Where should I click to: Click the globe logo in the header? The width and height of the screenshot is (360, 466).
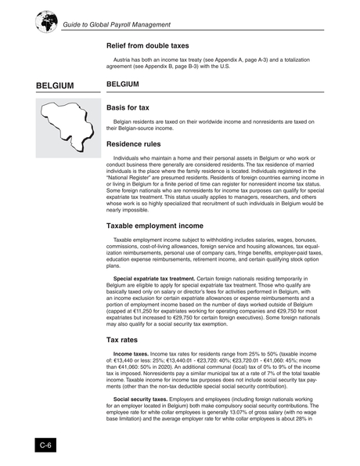click(46, 21)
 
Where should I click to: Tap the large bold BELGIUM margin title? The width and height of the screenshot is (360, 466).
click(54, 85)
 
